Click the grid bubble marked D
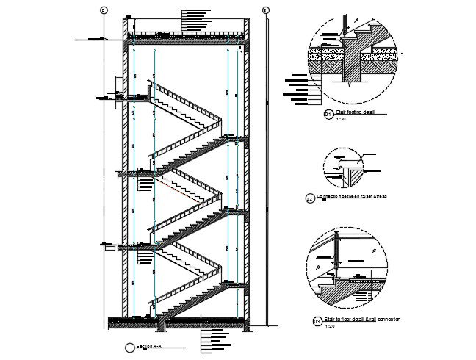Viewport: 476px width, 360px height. pyautogui.click(x=104, y=10)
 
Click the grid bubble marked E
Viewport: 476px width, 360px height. pyautogui.click(x=265, y=10)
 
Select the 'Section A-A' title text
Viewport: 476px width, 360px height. pyautogui.click(x=149, y=345)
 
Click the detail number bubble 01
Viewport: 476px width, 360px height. pyautogui.click(x=328, y=115)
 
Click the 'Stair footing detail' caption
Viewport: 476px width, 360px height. pyautogui.click(x=356, y=112)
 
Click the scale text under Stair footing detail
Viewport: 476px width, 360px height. pyautogui.click(x=340, y=119)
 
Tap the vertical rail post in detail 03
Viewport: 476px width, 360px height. pyautogui.click(x=337, y=253)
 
